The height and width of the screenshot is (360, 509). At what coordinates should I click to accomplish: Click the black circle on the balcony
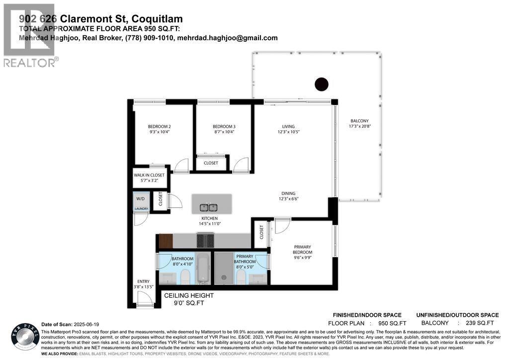[322, 85]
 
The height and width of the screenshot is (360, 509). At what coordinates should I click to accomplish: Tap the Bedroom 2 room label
[159, 126]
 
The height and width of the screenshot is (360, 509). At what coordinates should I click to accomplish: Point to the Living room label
[288, 126]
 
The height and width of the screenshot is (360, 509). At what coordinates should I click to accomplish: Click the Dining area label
[288, 193]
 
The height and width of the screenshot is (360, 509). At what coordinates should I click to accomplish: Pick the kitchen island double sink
[209, 207]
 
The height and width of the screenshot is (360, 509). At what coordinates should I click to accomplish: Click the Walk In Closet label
[149, 175]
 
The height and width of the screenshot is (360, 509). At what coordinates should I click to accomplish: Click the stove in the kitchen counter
[205, 241]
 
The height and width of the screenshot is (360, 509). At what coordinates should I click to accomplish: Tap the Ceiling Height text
[189, 296]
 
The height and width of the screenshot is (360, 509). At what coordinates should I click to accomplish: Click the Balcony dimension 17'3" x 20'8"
[359, 126]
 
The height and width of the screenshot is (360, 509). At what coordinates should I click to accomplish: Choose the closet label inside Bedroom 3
[211, 163]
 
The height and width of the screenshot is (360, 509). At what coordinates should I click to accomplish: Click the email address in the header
[227, 38]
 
